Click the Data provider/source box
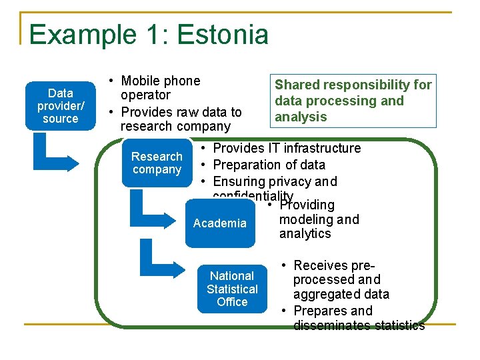pos(60,105)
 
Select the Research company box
pos(157,163)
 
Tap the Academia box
pos(219,223)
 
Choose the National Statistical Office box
pos(231,289)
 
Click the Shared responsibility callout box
pos(353,101)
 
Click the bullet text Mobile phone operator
pos(160,88)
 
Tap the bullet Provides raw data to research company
pos(180,119)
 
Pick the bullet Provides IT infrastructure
pos(286,148)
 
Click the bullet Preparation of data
pos(269,165)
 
